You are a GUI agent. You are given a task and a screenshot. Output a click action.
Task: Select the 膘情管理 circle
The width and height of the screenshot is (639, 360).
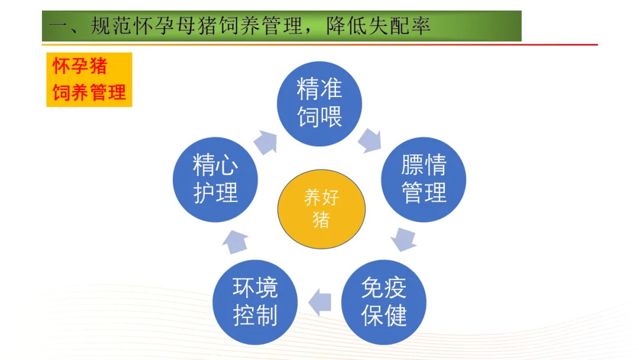(x=424, y=179)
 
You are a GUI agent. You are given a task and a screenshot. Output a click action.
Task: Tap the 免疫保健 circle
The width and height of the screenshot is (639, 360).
(x=384, y=302)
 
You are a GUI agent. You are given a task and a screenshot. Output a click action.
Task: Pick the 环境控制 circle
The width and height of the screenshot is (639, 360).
(x=255, y=302)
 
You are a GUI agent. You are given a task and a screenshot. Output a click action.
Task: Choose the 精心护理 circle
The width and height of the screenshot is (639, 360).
(x=215, y=179)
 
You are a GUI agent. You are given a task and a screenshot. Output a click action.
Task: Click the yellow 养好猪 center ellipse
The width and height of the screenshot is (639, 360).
(x=321, y=208)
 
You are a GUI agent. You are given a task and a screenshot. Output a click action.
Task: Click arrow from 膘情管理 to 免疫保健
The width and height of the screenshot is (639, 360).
(x=404, y=239)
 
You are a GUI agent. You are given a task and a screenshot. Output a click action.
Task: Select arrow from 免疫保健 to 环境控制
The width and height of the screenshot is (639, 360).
(x=320, y=302)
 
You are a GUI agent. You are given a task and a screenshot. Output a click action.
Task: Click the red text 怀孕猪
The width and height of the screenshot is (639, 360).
(x=80, y=66)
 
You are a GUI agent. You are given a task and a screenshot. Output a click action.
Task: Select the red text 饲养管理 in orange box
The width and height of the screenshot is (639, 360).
(x=89, y=92)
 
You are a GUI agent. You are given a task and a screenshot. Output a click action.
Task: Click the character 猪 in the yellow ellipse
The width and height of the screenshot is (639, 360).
(x=321, y=220)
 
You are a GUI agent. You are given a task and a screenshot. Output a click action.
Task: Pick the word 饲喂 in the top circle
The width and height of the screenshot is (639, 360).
(x=319, y=115)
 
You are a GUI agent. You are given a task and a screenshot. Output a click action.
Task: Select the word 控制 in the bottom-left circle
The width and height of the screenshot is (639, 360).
(x=255, y=316)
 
